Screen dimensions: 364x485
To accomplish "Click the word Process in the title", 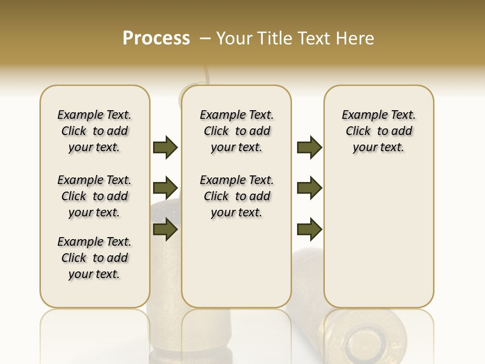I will pyautogui.click(x=156, y=38).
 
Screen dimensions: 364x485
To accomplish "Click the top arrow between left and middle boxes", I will pyautogui.click(x=165, y=147).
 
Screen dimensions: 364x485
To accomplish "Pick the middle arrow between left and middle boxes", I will pyautogui.click(x=165, y=188).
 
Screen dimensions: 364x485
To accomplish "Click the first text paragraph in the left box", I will pyautogui.click(x=94, y=131).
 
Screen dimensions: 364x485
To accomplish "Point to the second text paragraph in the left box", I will pyautogui.click(x=94, y=196).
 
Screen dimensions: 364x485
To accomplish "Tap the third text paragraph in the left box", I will pyautogui.click(x=94, y=258).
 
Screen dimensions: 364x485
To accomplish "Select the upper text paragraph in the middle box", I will pyautogui.click(x=236, y=131).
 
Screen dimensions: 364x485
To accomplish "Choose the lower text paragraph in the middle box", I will pyautogui.click(x=236, y=196).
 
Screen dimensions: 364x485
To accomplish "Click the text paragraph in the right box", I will pyautogui.click(x=378, y=131).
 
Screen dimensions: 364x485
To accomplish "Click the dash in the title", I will pyautogui.click(x=205, y=38).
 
